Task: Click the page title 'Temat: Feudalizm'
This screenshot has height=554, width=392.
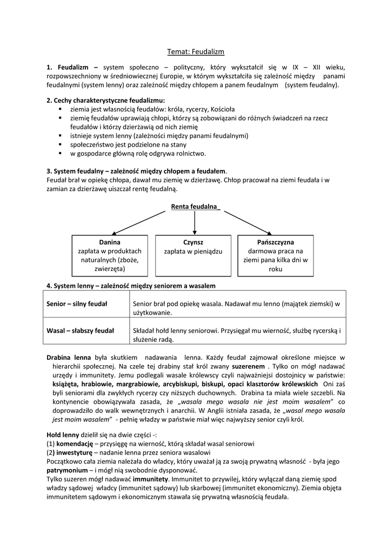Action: (196, 52)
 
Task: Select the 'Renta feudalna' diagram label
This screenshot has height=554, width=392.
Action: (195, 207)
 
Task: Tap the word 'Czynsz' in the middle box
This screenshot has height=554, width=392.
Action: (193, 242)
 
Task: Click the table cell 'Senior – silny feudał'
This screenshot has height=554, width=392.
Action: (77, 304)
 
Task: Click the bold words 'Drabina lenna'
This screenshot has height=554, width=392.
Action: (69, 358)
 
